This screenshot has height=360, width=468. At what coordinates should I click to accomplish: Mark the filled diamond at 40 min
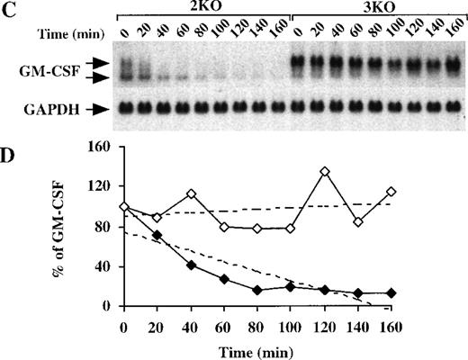(191, 265)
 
